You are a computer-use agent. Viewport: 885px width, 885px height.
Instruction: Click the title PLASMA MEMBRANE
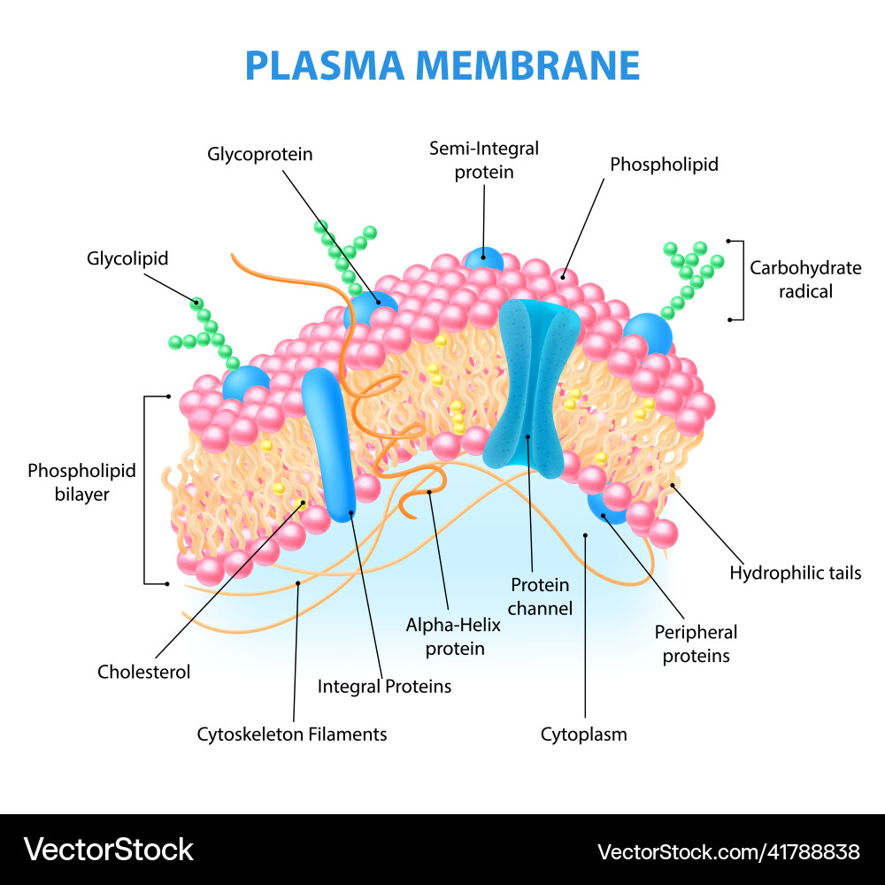point(442,66)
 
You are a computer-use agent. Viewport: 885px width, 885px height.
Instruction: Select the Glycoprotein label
point(260,154)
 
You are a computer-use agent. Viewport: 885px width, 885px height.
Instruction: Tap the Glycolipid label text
point(127,258)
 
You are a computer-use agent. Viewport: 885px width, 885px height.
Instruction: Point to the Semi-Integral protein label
point(484,160)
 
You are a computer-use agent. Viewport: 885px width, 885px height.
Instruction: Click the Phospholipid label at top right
point(664,164)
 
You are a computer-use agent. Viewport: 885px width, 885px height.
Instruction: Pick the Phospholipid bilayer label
point(81,482)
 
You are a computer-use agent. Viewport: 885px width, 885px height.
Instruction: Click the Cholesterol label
point(143,672)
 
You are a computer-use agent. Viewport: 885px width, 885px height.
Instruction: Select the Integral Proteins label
point(384,686)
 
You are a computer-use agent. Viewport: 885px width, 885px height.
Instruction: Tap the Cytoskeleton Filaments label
point(292,734)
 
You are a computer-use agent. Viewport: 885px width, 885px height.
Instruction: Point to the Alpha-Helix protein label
point(453,636)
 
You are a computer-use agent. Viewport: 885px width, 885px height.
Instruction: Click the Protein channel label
point(541,596)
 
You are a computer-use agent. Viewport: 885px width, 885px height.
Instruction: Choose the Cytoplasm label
point(583,734)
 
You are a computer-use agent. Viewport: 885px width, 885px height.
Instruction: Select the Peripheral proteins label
point(696,643)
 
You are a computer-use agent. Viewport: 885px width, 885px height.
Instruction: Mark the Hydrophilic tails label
point(795,573)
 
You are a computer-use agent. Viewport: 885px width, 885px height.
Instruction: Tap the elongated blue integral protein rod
point(327,442)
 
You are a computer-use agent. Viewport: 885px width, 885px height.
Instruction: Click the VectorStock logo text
point(108,850)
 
